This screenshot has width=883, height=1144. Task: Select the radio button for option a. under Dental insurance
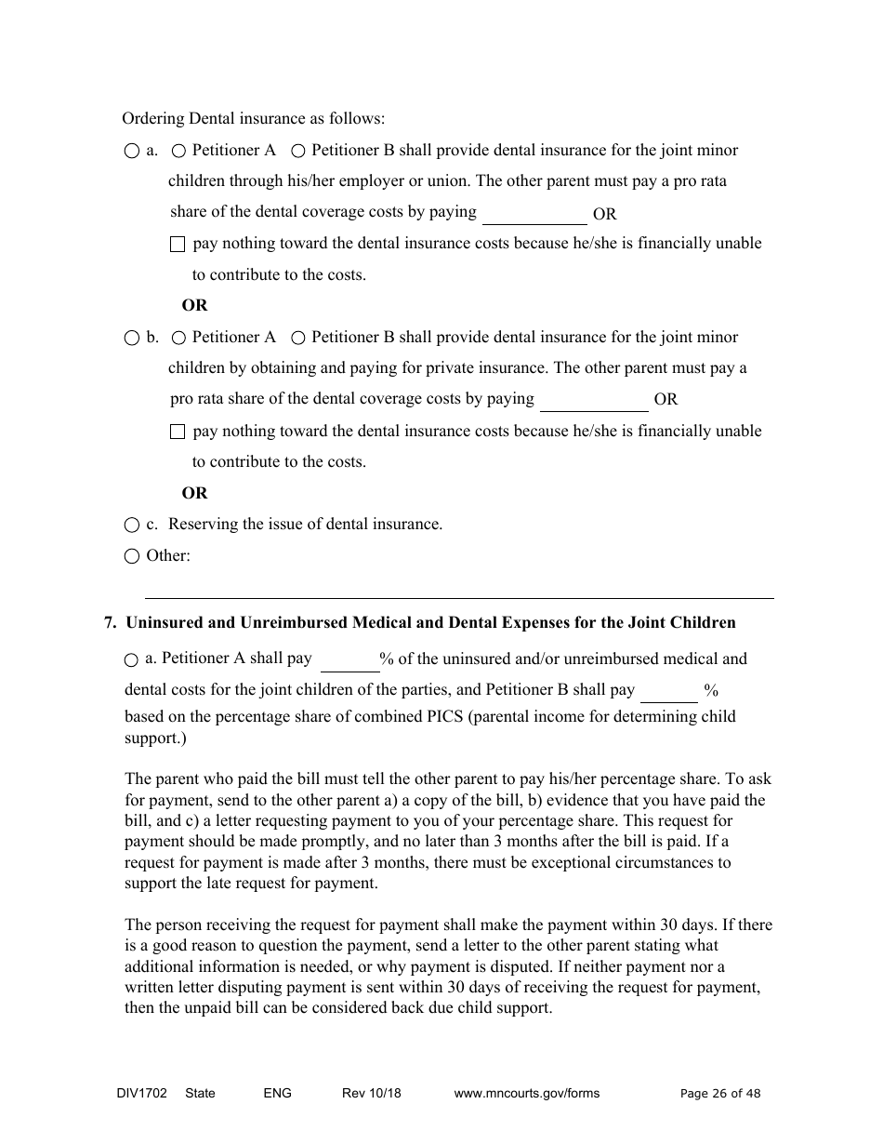[x=132, y=151]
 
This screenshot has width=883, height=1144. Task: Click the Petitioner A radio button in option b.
[x=179, y=338]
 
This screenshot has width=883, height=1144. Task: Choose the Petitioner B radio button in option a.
[x=298, y=151]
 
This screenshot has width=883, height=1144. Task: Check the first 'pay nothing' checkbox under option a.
[x=178, y=245]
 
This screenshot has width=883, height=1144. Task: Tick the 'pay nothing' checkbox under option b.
[x=178, y=432]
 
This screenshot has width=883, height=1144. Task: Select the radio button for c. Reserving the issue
[x=132, y=525]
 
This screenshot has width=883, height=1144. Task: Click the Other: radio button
[x=132, y=556]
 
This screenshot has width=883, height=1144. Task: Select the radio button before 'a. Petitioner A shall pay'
[x=131, y=660]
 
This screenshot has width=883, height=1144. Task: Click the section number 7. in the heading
[x=110, y=623]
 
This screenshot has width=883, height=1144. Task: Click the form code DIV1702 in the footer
[x=136, y=1093]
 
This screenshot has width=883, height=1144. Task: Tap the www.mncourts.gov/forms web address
[x=526, y=1093]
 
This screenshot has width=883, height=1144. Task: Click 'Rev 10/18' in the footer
[x=371, y=1093]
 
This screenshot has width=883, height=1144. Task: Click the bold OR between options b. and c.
[x=194, y=493]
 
